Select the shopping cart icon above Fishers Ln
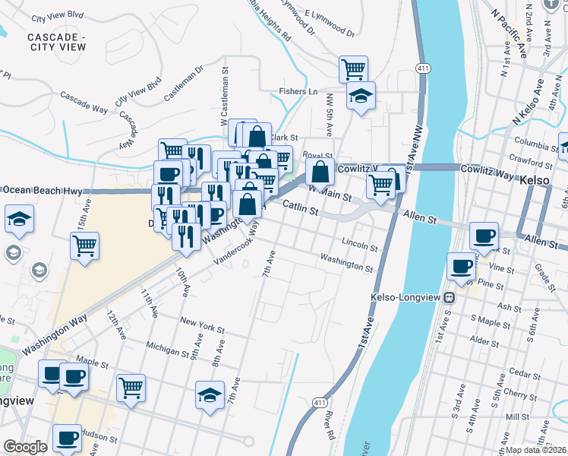click(354, 70)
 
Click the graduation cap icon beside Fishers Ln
click(361, 96)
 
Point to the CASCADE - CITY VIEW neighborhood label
click(56, 42)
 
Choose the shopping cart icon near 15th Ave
click(85, 245)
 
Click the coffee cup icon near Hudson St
click(68, 439)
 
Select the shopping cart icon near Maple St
click(131, 387)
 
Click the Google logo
click(25, 446)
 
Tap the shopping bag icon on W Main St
click(320, 172)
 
